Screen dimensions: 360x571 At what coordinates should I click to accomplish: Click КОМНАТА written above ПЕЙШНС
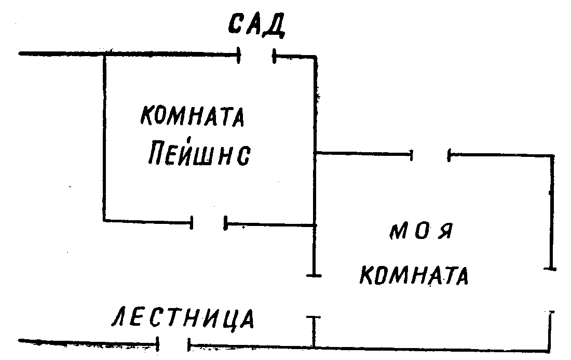coord(192,117)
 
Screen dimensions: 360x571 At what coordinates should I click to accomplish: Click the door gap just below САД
coord(256,54)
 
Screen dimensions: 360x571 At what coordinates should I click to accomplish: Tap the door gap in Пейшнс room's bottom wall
coord(209,223)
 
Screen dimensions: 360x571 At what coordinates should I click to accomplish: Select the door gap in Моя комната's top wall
coord(430,154)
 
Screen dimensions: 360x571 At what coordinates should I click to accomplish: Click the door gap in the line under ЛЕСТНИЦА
coord(174,343)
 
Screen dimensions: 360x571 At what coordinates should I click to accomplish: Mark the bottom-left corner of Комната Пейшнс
coord(104,221)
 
